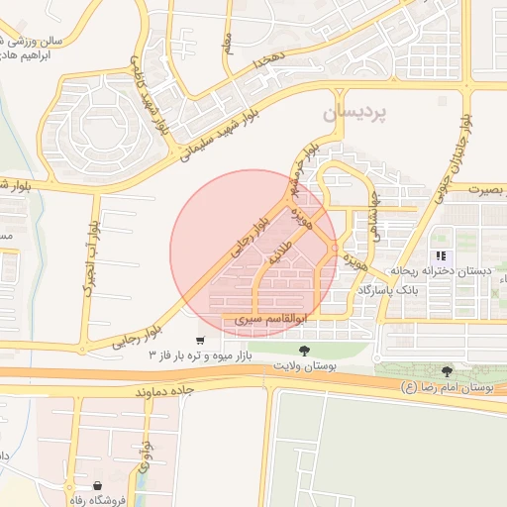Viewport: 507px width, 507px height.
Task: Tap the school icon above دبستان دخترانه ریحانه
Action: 439,255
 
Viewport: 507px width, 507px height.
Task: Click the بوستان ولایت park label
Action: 304,366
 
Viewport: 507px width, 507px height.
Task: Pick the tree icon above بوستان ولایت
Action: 304,351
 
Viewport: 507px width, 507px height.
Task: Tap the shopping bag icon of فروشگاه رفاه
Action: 98,485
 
